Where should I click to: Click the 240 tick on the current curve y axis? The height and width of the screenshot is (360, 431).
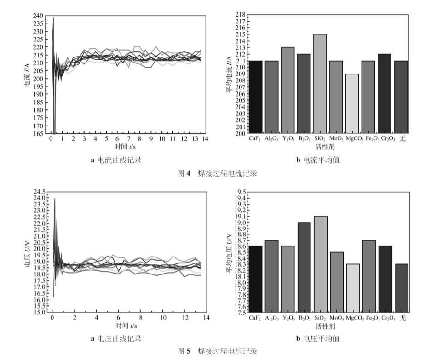click(38, 16)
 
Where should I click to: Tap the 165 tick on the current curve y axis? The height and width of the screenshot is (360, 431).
click(38, 134)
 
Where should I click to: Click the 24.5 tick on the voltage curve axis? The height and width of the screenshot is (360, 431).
click(39, 192)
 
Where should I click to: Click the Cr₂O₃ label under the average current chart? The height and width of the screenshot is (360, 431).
click(386, 138)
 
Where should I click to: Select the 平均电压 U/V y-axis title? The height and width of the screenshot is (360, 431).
click(229, 254)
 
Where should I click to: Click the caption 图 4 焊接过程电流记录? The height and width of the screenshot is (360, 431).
click(217, 173)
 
